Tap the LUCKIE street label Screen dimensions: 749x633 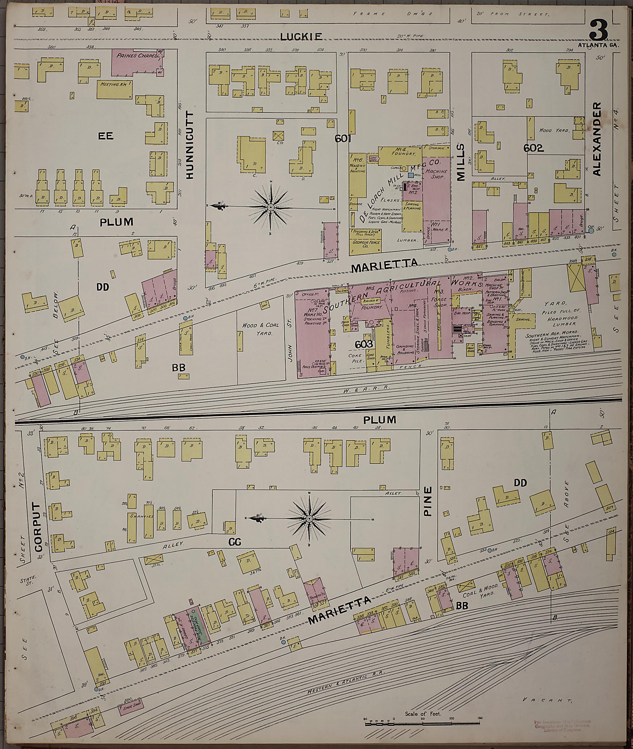pos(301,36)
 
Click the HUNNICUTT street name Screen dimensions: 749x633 pos(190,145)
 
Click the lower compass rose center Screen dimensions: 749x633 pos(309,519)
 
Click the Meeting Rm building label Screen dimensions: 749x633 pos(114,85)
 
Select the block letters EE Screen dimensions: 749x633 pos(105,136)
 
